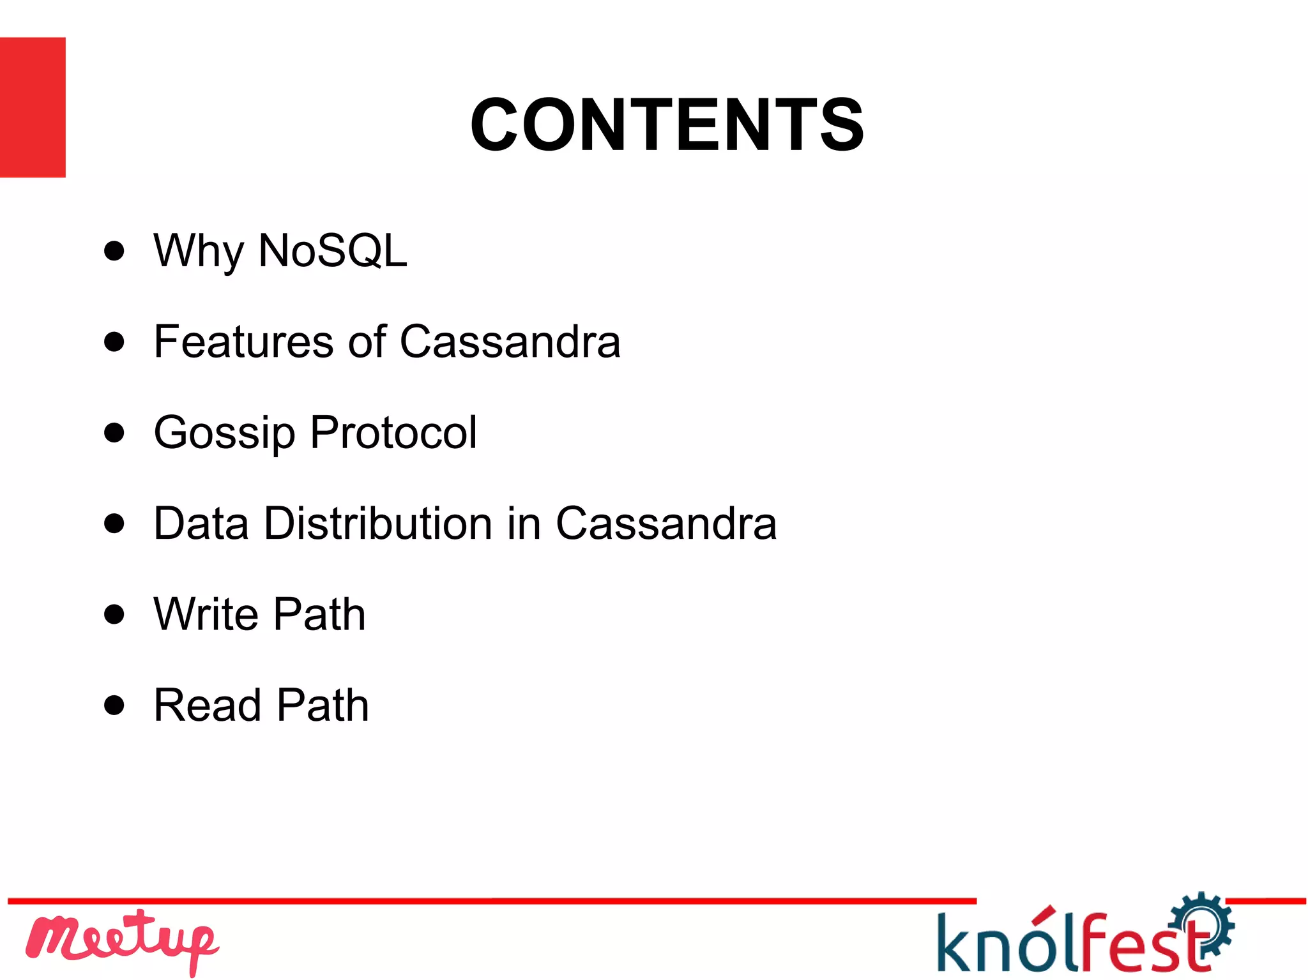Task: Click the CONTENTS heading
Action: pos(667,124)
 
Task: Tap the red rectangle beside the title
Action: pos(33,107)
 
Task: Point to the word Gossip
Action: pos(224,433)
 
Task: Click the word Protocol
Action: pos(393,432)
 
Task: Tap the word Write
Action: pos(206,614)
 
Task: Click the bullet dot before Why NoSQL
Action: pos(114,251)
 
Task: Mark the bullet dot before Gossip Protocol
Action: pos(114,432)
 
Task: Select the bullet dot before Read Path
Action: pos(114,705)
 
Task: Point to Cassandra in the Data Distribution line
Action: pos(666,523)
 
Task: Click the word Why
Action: pos(199,251)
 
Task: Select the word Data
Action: pos(201,523)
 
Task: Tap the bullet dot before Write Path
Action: pos(114,614)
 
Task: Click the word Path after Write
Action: pos(320,614)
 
